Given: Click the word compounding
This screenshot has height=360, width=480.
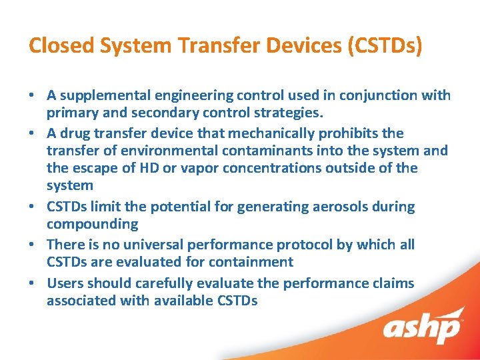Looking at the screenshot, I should click(x=92, y=224).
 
